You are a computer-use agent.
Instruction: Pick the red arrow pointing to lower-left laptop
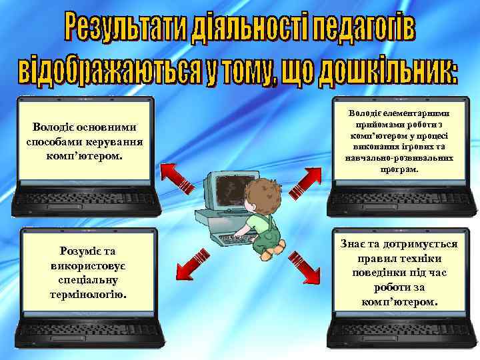tap(191, 263)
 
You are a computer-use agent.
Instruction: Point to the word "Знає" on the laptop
tap(355, 244)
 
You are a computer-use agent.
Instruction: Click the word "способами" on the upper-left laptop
tap(51, 142)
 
